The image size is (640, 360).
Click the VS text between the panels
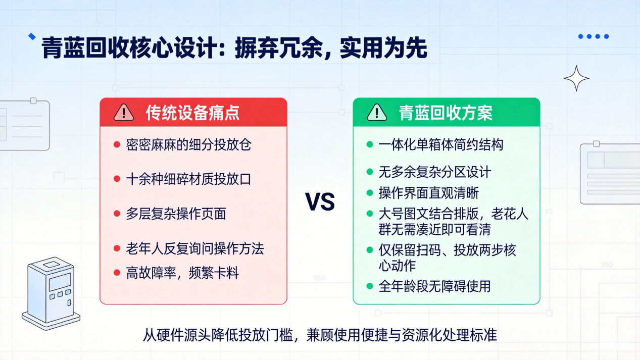click(320, 202)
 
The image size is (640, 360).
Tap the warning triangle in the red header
click(124, 112)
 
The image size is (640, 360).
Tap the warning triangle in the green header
click(377, 112)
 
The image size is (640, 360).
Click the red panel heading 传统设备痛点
click(192, 113)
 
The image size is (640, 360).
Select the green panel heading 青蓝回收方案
click(446, 113)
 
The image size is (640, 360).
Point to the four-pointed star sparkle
click(576, 78)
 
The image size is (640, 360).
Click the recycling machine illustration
click(51, 293)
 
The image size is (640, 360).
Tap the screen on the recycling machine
click(60, 282)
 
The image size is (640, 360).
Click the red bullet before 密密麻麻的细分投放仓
click(117, 144)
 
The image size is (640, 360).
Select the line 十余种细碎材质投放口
click(188, 179)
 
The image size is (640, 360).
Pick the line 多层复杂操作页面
click(176, 214)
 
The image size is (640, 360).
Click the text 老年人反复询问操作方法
click(195, 248)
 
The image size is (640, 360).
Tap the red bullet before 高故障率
click(117, 273)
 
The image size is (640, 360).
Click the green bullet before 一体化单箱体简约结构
click(370, 144)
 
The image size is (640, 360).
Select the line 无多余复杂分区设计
click(435, 172)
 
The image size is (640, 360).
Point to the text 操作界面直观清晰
click(428, 193)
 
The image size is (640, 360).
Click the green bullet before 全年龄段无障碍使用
click(370, 286)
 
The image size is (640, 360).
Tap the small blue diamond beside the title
click(32, 36)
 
